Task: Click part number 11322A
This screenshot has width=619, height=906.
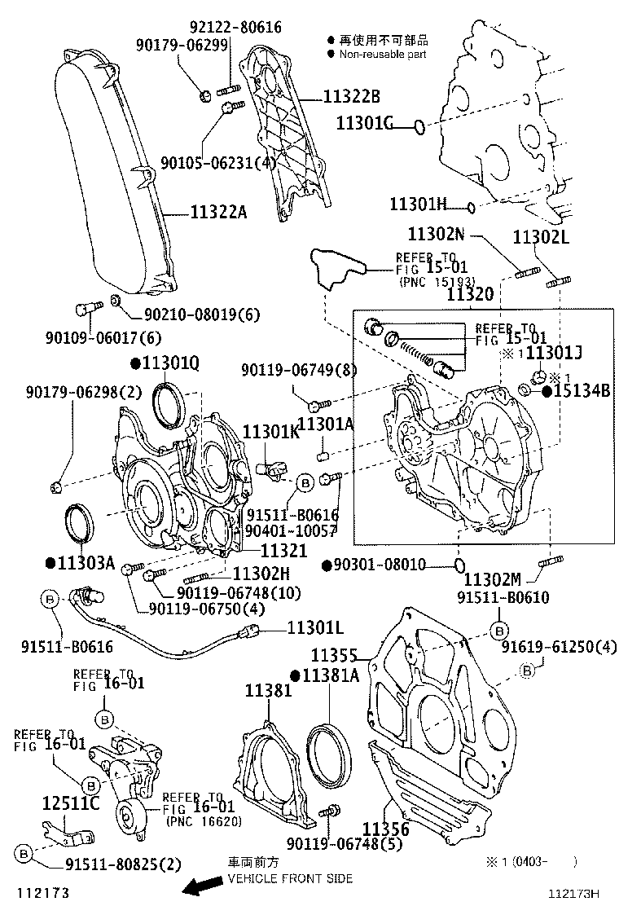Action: click(x=218, y=213)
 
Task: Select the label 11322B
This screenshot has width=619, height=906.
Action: click(x=351, y=97)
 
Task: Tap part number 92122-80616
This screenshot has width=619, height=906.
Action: click(x=235, y=27)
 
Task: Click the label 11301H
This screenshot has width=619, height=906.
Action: click(x=418, y=204)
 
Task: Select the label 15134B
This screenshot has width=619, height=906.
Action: click(x=582, y=390)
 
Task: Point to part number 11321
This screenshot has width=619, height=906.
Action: click(x=283, y=551)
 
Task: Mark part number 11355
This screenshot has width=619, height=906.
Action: click(x=334, y=654)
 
